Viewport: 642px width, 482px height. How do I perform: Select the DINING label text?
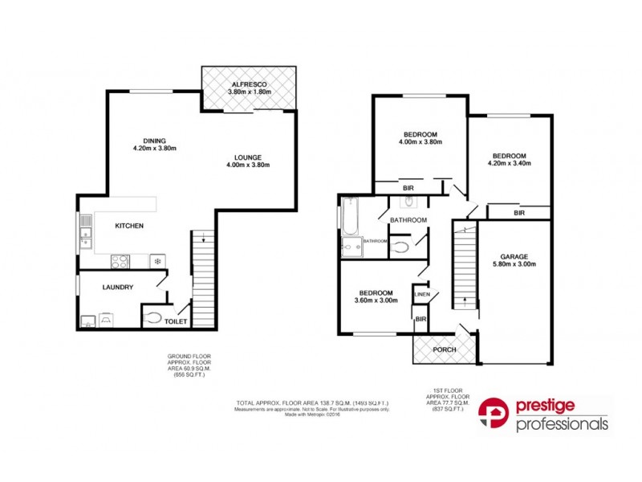154,141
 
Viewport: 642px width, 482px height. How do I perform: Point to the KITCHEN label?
128,226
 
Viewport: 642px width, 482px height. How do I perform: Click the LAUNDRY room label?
117,287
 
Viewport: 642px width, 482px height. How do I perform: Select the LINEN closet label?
422,295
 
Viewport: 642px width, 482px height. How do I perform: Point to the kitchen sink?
86,234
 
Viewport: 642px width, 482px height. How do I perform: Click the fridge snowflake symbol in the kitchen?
158,261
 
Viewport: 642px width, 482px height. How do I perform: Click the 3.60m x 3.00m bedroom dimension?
376,301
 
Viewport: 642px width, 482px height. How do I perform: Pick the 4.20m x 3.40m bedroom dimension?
510,164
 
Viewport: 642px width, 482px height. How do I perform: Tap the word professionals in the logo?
561,424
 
